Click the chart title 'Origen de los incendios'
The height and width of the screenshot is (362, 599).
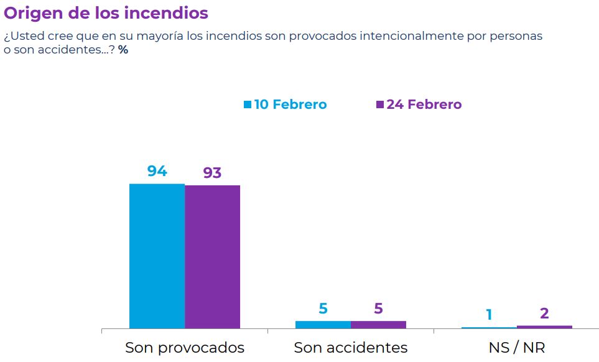pyautogui.click(x=106, y=13)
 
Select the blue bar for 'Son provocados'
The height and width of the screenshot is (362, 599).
pyautogui.click(x=157, y=256)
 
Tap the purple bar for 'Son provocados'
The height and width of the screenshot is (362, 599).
pyautogui.click(x=212, y=256)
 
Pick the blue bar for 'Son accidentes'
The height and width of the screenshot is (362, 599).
pyautogui.click(x=323, y=324)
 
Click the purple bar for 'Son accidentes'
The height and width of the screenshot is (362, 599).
pyautogui.click(x=378, y=324)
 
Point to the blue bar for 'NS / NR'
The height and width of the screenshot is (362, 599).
pyautogui.click(x=489, y=327)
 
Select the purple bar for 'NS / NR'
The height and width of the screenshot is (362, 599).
pyautogui.click(x=544, y=327)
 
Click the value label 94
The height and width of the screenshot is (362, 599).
pyautogui.click(x=157, y=171)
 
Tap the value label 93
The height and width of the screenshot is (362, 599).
pyautogui.click(x=212, y=172)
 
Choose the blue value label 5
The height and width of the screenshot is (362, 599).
pyautogui.click(x=323, y=308)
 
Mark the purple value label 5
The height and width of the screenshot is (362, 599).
pyautogui.click(x=378, y=308)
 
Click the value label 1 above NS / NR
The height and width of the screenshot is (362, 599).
pyautogui.click(x=489, y=315)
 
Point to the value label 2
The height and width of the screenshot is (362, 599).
pyautogui.click(x=544, y=313)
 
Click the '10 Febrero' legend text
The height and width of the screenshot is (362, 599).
pyautogui.click(x=290, y=104)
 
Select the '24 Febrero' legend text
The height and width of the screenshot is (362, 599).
pyautogui.click(x=424, y=104)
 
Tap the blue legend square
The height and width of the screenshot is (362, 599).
pyautogui.click(x=248, y=104)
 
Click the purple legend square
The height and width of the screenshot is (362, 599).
pyautogui.click(x=380, y=104)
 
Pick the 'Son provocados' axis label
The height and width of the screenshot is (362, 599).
pyautogui.click(x=185, y=347)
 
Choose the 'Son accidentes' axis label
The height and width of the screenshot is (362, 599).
pyautogui.click(x=351, y=347)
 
